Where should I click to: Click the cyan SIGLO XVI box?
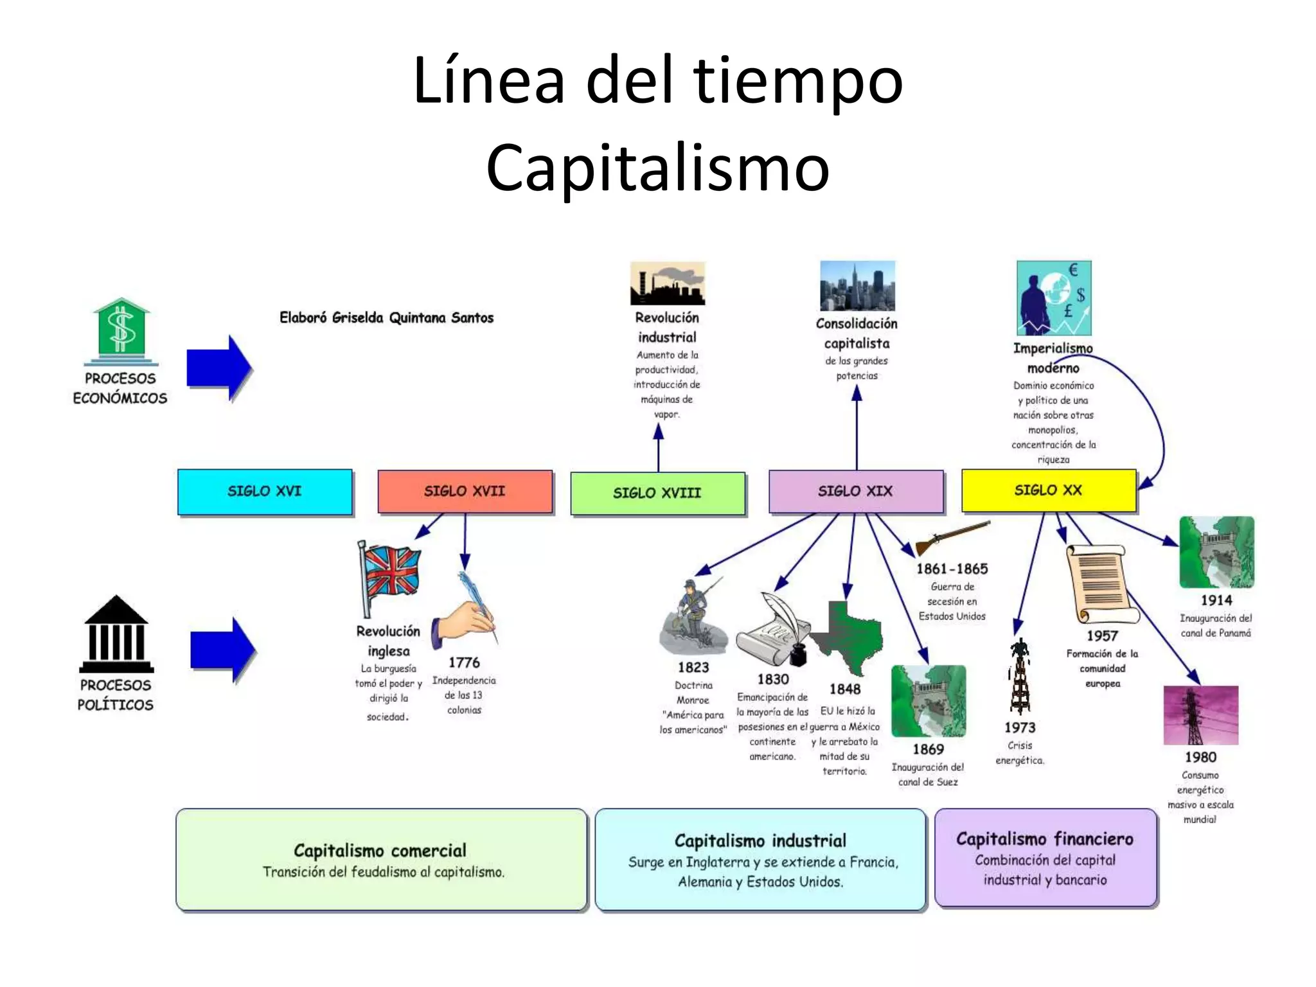(x=265, y=492)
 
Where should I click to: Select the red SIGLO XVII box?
(x=465, y=492)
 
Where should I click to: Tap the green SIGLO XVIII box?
(x=657, y=493)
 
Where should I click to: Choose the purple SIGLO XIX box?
(x=856, y=492)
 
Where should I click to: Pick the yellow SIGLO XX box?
(x=1048, y=490)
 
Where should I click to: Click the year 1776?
(x=464, y=662)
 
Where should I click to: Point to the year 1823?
(x=693, y=668)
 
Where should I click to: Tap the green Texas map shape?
(x=847, y=633)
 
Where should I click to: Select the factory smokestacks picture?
(x=668, y=283)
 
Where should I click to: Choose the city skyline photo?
(x=857, y=286)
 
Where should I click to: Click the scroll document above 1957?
(x=1100, y=583)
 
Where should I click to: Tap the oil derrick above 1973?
(x=1020, y=676)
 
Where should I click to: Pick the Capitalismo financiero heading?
(x=1045, y=839)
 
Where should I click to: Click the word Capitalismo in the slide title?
(x=658, y=168)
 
